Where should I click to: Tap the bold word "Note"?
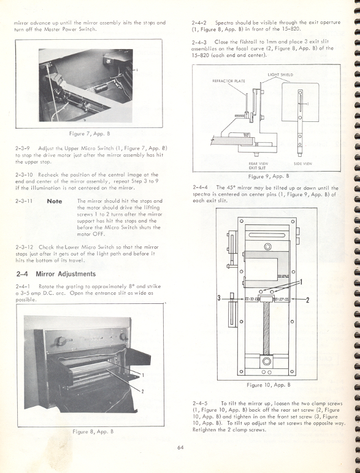click(x=55, y=200)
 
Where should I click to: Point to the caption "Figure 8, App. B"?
click(x=90, y=431)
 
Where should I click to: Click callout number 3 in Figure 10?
click(x=219, y=298)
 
